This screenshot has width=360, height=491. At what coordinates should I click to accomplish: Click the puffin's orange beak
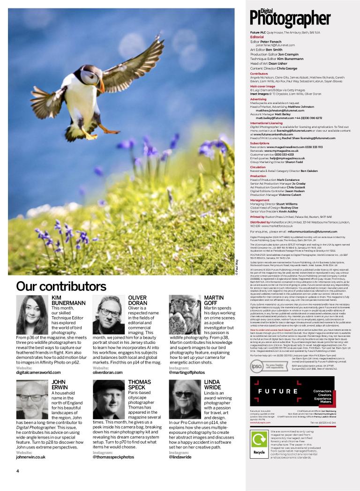(100, 86)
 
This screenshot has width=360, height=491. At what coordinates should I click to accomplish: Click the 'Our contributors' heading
(61, 286)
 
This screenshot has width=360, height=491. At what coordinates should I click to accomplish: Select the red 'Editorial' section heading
(257, 37)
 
